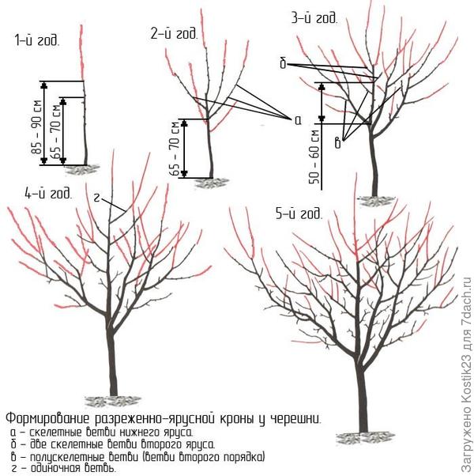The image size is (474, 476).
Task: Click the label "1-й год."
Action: pyautogui.click(x=36, y=40)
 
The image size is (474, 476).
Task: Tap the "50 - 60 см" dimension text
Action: pyautogui.click(x=315, y=156)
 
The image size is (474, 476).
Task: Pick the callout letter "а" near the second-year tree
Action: pyautogui.click(x=297, y=120)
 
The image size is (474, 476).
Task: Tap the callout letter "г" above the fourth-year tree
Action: pyautogui.click(x=96, y=197)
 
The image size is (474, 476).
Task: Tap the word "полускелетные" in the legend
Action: pyautogui.click(x=71, y=457)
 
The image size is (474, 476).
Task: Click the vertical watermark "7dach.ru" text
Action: pyautogui.click(x=465, y=306)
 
